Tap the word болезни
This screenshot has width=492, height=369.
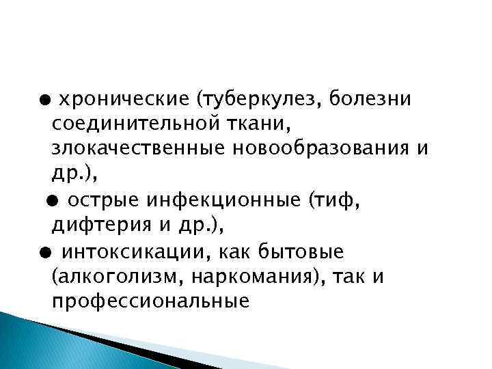[370, 100]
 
